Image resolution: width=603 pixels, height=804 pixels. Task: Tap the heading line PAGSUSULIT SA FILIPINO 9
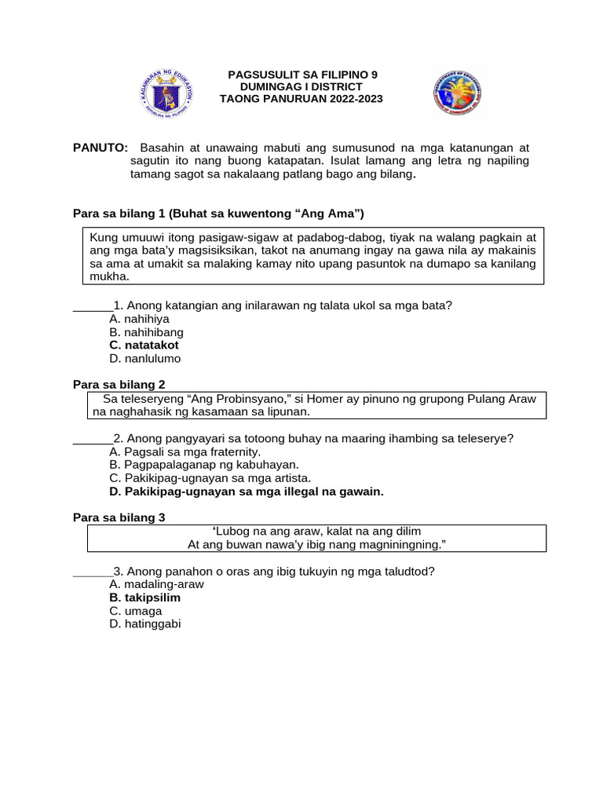[x=302, y=75]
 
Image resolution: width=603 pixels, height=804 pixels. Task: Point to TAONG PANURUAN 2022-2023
[x=301, y=98]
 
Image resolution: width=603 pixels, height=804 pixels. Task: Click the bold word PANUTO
[x=100, y=148]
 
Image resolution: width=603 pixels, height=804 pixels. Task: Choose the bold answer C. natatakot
[x=144, y=345]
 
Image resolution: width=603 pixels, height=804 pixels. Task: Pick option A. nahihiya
[x=140, y=319]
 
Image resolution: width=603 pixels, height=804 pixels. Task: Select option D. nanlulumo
[x=145, y=358]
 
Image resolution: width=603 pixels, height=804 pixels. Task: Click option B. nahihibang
[x=147, y=332]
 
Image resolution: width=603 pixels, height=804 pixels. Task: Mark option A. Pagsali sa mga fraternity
[x=185, y=451]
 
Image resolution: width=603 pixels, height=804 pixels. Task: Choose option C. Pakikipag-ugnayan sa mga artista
[x=210, y=478]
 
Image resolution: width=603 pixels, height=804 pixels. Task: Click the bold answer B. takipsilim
[x=145, y=598]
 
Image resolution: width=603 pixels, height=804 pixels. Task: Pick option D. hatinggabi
[x=145, y=623]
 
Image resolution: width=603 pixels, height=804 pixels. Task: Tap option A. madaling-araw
[x=156, y=584]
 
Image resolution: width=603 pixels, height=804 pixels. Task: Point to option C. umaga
[x=136, y=610]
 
